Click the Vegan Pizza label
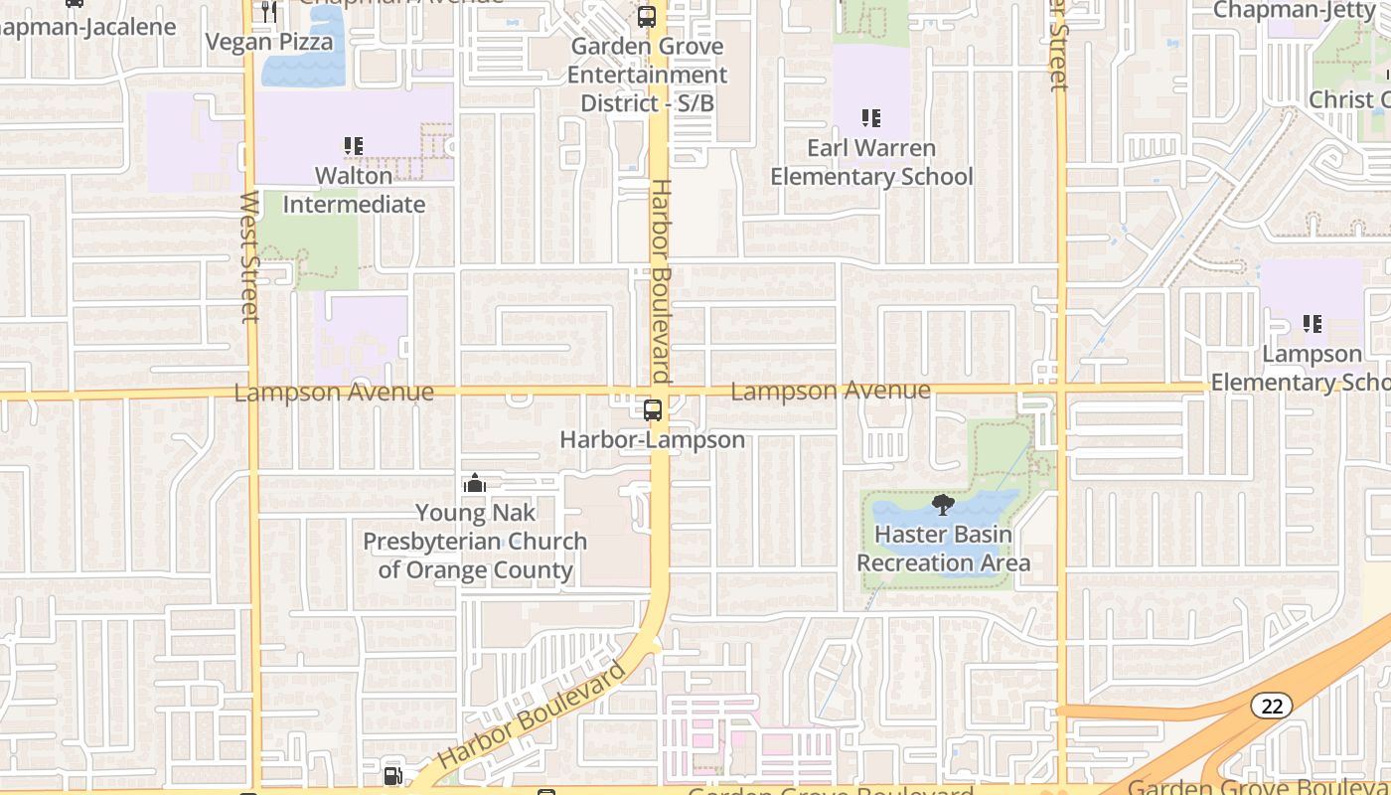[x=269, y=42]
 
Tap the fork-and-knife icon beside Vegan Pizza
[x=269, y=12]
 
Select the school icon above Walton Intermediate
[x=354, y=146]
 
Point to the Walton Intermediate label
[x=355, y=190]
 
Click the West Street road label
[x=249, y=256]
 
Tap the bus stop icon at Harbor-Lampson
[x=653, y=409]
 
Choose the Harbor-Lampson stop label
[x=653, y=439]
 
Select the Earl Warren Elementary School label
[x=871, y=162]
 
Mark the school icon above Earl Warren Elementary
[x=871, y=118]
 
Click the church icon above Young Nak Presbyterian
[x=475, y=484]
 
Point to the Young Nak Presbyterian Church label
[x=475, y=542]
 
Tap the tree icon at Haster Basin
[x=943, y=505]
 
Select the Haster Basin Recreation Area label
[x=943, y=549]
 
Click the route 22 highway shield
[x=1271, y=706]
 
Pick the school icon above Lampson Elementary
[x=1313, y=324]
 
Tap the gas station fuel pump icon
[x=393, y=775]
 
